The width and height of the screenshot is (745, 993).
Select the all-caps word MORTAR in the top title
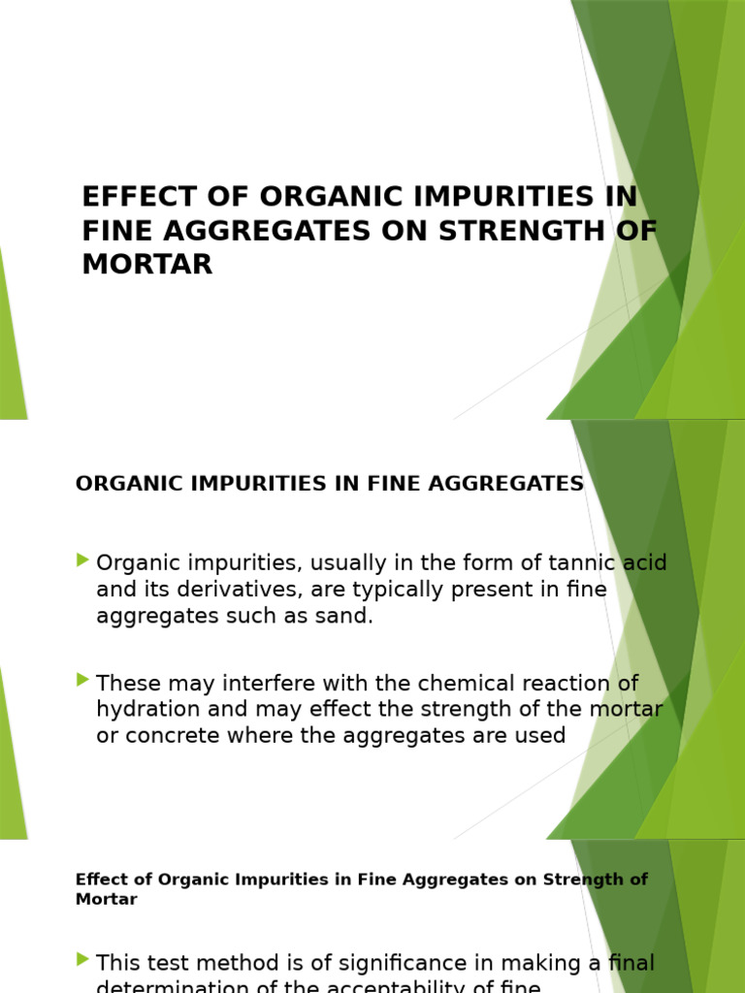pyautogui.click(x=147, y=265)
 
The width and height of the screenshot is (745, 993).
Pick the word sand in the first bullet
pyautogui.click(x=345, y=617)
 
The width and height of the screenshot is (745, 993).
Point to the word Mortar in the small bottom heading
pyautogui.click(x=106, y=899)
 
